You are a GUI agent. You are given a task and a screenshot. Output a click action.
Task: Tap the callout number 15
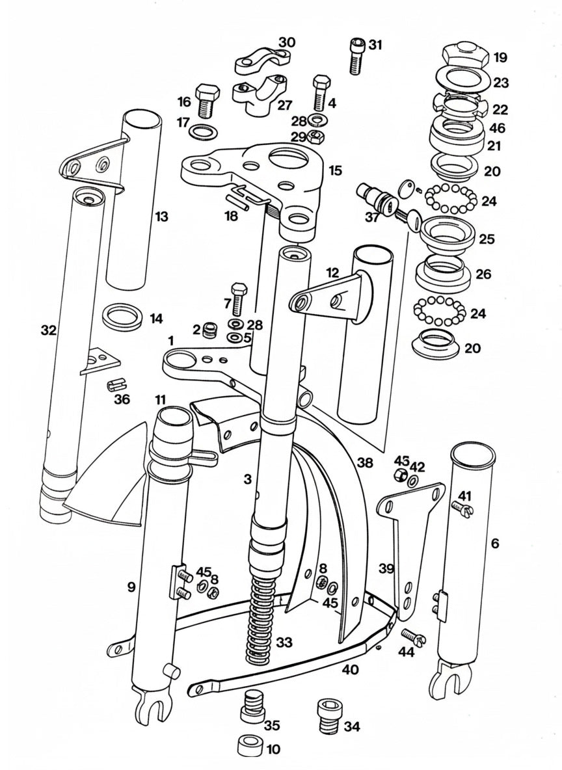coord(335,170)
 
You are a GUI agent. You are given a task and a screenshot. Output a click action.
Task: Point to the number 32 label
coord(49,330)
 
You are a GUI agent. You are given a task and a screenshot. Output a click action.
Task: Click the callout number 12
coord(332,273)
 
